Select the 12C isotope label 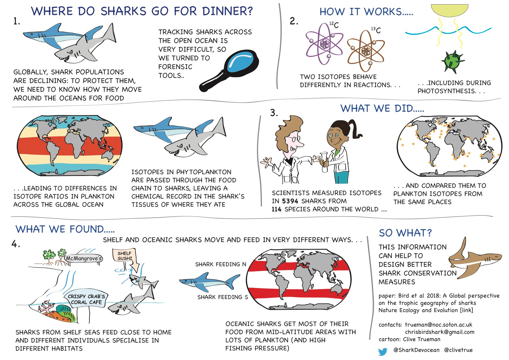click(334, 25)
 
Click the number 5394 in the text click(290, 201)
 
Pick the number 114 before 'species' click(277, 209)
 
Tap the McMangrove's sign click(84, 258)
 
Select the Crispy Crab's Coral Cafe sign click(87, 299)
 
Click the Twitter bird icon click(383, 352)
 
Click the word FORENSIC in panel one click(175, 67)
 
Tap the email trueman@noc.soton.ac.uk click(438, 325)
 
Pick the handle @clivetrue click(458, 350)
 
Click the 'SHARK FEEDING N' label click(221, 264)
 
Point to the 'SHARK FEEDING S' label click(223, 297)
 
